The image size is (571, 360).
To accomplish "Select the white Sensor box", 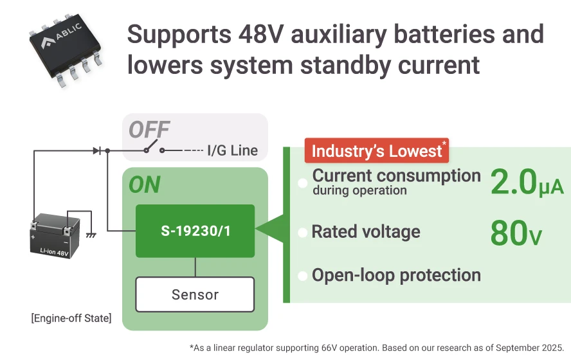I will point(195,295).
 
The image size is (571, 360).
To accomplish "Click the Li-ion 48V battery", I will point(55,236).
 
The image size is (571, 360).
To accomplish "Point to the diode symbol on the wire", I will point(96,150).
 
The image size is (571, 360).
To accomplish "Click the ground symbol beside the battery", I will point(91,236).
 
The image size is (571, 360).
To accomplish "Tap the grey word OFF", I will point(149,130).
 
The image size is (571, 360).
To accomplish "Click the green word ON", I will point(144,185).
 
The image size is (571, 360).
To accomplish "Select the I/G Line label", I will point(232,151).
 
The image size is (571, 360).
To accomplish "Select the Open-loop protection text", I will point(396,275).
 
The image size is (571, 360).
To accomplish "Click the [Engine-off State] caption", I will point(71,318).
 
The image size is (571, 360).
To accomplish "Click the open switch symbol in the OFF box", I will point(154,150).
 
